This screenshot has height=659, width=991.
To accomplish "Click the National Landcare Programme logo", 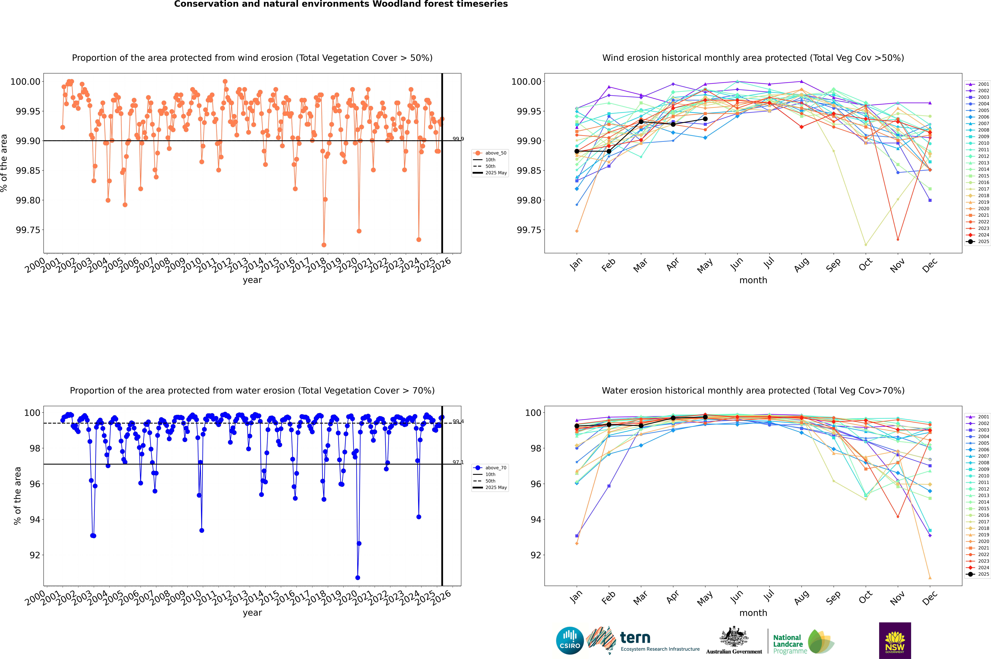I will coord(803,642).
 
